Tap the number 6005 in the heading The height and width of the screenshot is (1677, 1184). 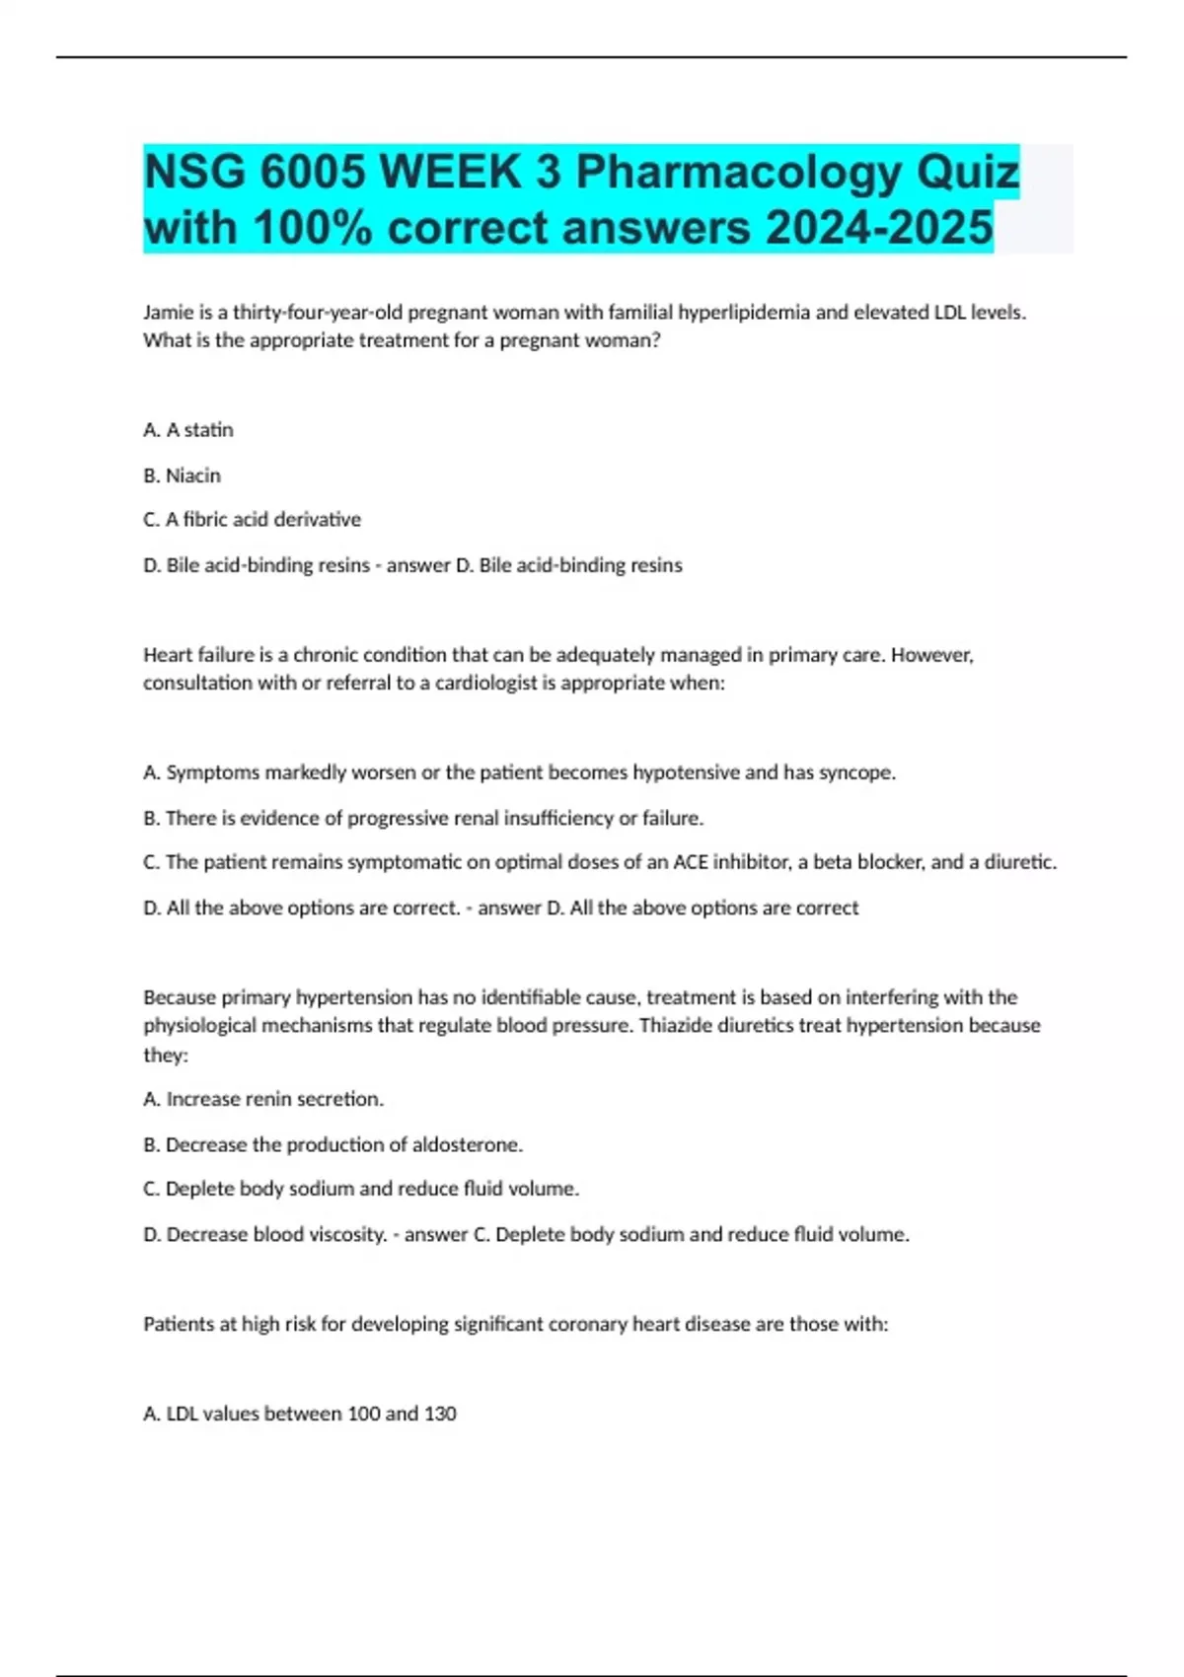point(313,174)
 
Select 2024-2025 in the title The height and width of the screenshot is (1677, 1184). point(879,229)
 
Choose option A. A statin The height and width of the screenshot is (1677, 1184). point(188,430)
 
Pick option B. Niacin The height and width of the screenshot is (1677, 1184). point(183,475)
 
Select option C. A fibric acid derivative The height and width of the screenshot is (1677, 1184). point(253,520)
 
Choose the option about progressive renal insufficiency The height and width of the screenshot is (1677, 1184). point(423,818)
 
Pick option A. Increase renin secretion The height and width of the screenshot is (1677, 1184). point(263,1099)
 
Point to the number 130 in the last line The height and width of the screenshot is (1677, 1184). point(440,1414)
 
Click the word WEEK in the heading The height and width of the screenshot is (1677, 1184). point(451,174)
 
